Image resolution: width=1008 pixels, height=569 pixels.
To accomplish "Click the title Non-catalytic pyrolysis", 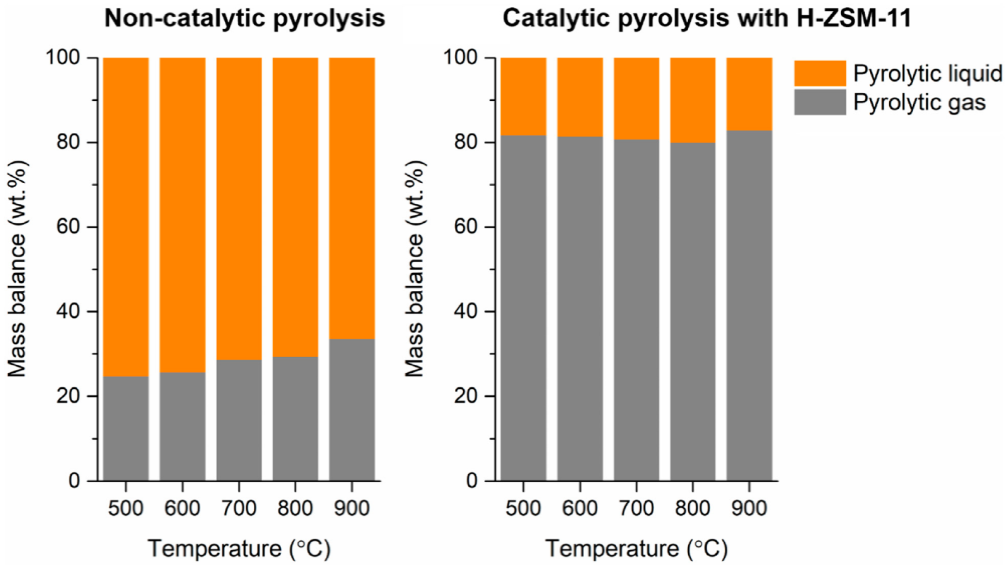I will coord(245,18).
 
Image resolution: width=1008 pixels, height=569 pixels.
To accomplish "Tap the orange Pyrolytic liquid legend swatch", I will coord(820,73).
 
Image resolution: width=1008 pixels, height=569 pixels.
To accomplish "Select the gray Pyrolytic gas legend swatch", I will coord(820,102).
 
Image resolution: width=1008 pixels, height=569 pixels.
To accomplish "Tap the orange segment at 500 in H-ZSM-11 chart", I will coord(523,96).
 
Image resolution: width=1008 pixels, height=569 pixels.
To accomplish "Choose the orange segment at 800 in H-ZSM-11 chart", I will coord(693,100).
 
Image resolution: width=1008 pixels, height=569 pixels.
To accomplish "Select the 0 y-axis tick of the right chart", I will coord(473,481).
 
